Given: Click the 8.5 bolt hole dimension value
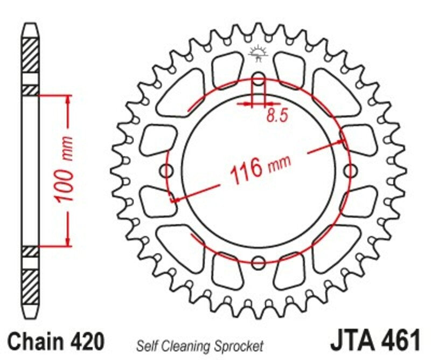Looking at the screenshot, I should coord(274,116).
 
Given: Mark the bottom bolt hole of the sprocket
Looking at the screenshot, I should coord(259,262).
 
